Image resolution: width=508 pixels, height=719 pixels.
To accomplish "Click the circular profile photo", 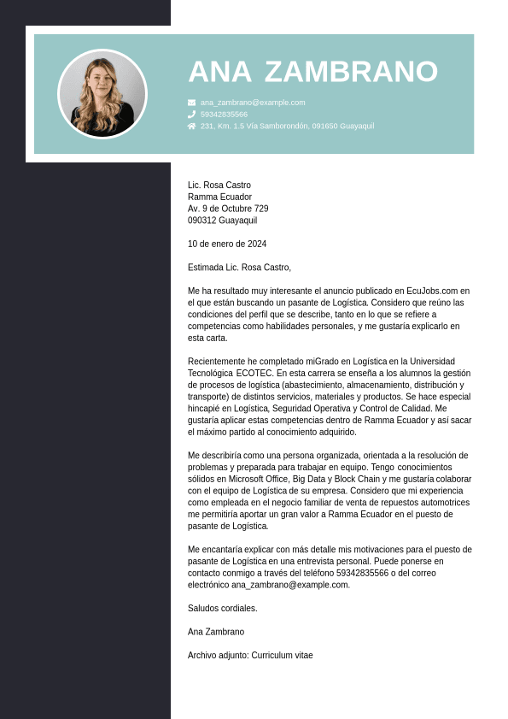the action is point(102,94).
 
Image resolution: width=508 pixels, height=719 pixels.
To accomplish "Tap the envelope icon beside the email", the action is point(191,103).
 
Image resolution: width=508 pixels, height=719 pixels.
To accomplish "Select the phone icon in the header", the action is point(191,114).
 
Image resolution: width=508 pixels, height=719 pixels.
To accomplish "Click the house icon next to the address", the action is point(191,126).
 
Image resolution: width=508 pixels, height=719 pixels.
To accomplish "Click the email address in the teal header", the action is point(253,103).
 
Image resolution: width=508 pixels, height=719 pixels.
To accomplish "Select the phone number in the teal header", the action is point(224,114).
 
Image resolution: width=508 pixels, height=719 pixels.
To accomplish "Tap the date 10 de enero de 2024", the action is point(227,244).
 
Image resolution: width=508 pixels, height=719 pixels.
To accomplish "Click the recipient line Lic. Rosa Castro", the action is point(219,185).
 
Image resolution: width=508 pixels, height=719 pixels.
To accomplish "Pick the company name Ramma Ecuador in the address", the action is point(219,197).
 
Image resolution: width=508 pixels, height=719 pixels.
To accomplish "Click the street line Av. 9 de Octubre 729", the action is point(228,209).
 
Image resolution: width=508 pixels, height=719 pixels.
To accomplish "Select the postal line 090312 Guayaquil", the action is point(222,221).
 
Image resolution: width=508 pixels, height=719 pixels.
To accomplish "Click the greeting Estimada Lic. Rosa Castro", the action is point(239,267).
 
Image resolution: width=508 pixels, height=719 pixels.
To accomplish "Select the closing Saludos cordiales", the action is point(222,608).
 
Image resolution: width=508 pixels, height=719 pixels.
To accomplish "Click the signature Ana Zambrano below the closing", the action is point(216,632).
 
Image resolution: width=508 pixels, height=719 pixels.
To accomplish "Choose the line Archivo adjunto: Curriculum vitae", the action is point(250,655).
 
